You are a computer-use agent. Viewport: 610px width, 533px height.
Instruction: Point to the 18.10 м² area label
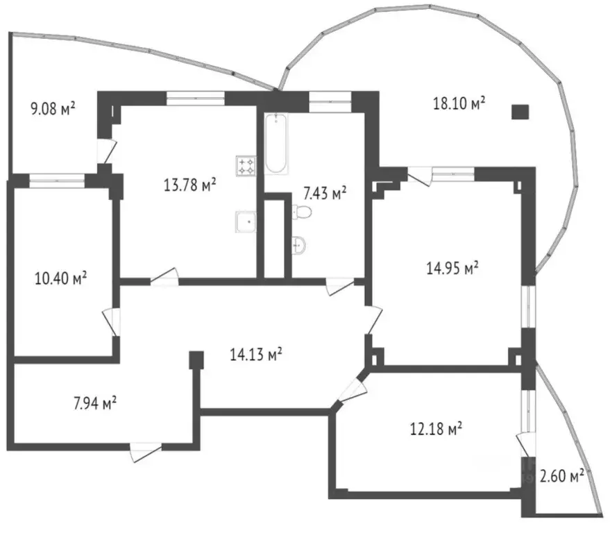459,104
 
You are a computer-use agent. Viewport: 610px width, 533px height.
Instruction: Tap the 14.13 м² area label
255,355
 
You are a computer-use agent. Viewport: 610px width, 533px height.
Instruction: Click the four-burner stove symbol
246,165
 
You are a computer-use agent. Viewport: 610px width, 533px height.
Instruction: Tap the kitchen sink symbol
245,221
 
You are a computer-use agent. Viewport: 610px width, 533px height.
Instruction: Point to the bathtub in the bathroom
275,144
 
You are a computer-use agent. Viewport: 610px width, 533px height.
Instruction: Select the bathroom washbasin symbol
300,244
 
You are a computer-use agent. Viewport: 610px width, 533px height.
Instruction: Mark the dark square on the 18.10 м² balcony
518,112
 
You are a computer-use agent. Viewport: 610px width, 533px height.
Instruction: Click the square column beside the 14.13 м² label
197,359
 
